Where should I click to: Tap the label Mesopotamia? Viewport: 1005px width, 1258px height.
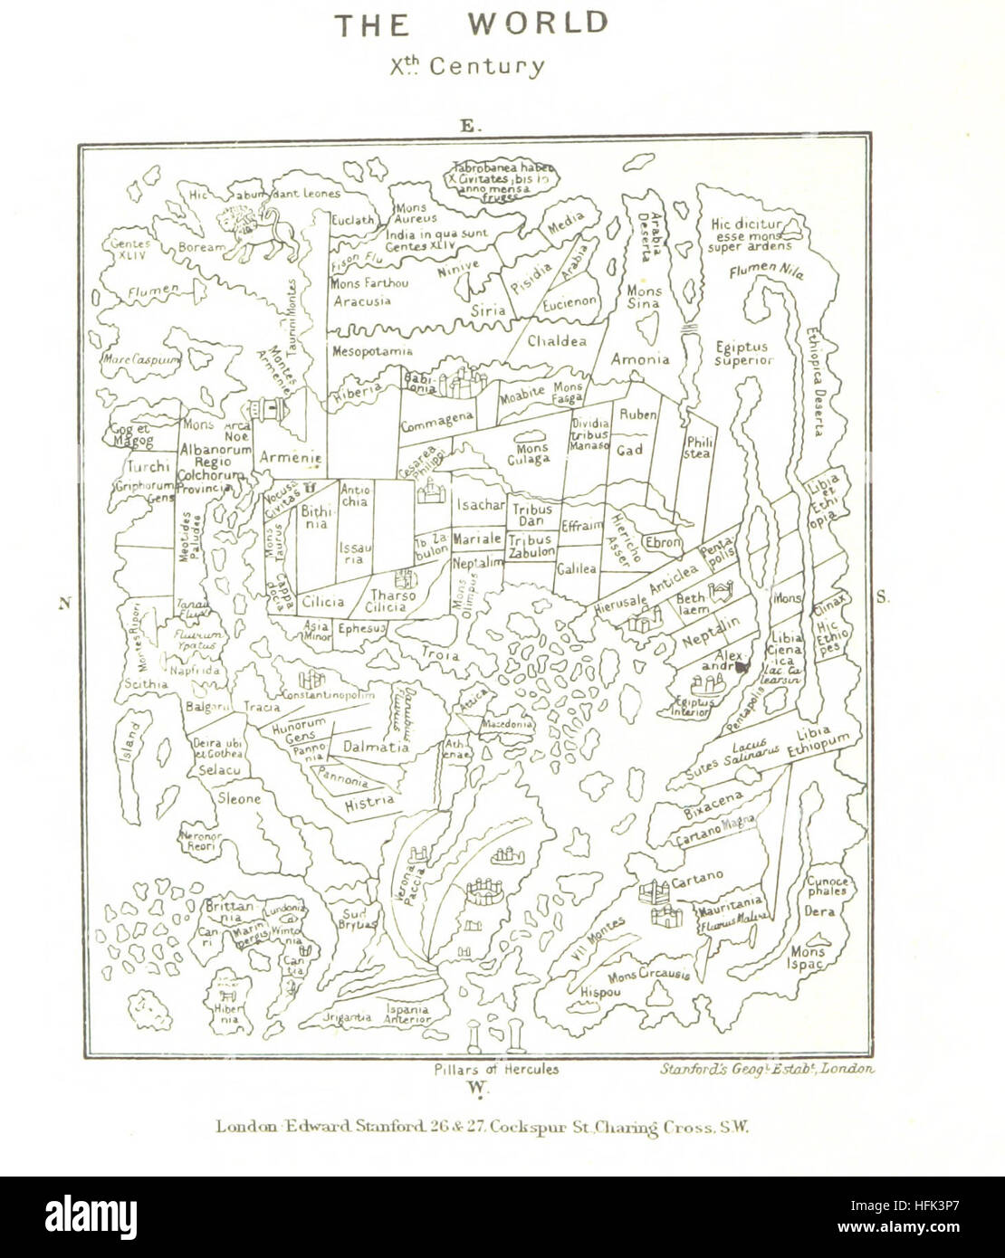[x=372, y=350]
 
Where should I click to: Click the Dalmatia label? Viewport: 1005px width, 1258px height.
[x=375, y=748]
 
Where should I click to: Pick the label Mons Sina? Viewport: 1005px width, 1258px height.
[x=644, y=298]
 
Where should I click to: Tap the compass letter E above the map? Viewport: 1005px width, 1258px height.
[x=467, y=128]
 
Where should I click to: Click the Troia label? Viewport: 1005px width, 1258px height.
[x=440, y=654]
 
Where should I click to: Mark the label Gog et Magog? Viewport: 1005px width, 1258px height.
[x=128, y=435]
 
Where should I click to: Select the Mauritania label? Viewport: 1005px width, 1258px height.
[x=729, y=901]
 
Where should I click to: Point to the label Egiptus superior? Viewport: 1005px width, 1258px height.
[x=741, y=353]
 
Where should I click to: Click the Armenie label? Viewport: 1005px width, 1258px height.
[x=291, y=459]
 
